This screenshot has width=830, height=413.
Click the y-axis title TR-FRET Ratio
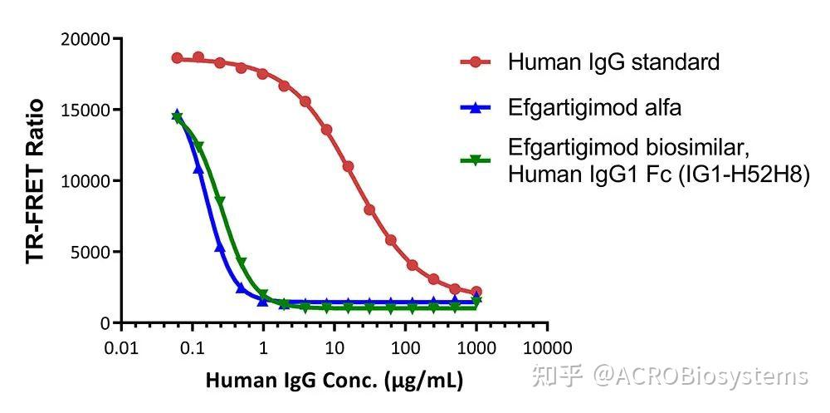[35, 180]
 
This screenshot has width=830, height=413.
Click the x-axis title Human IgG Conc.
[334, 381]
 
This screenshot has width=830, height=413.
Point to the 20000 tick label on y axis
[86, 39]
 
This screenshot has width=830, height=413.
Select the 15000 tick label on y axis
[86, 110]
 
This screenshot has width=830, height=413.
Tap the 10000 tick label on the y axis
[86, 181]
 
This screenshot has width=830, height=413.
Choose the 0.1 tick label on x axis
[193, 347]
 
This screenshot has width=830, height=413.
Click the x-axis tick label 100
[405, 347]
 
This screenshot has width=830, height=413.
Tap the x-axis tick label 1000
[476, 347]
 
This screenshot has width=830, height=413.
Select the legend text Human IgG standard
[613, 61]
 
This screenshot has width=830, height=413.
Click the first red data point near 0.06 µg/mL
[177, 58]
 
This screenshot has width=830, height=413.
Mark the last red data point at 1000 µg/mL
[476, 293]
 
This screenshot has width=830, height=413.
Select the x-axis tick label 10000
[547, 347]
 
